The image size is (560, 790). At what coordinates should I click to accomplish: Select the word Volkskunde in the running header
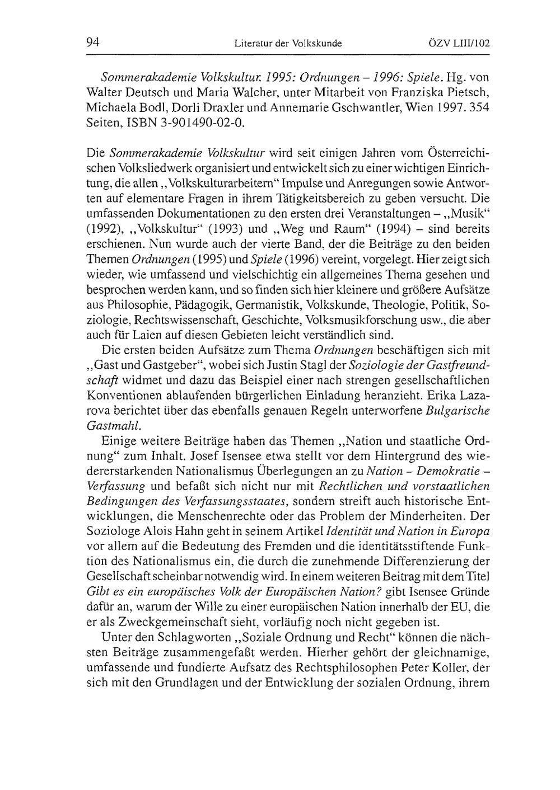[316, 43]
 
